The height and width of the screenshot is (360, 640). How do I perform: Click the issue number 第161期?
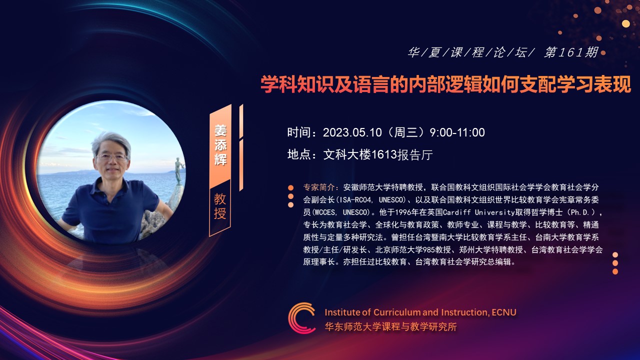pyautogui.click(x=571, y=52)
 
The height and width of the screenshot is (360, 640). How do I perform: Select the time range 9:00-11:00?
pyautogui.click(x=457, y=132)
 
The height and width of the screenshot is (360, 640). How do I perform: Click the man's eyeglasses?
pyautogui.click(x=111, y=157)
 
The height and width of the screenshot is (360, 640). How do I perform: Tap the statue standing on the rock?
pyautogui.click(x=178, y=171)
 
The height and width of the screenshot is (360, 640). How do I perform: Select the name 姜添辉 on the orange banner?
pyautogui.click(x=220, y=145)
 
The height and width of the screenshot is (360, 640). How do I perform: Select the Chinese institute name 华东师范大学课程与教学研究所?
pyautogui.click(x=390, y=326)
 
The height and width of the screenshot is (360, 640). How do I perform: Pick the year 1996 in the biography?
pyautogui.click(x=403, y=212)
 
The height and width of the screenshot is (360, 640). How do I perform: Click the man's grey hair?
pyautogui.click(x=111, y=140)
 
